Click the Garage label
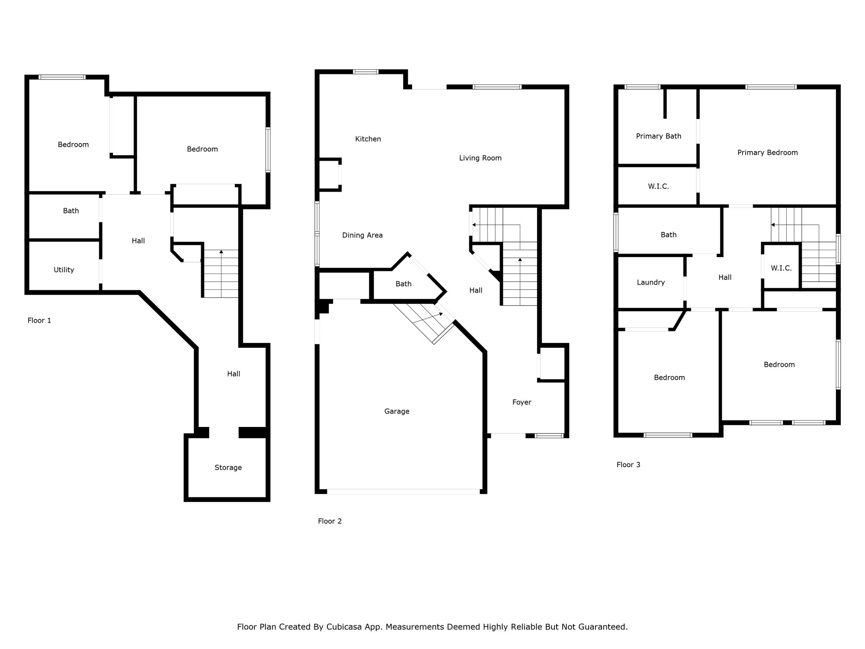point(397,411)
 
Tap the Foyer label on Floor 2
point(522,402)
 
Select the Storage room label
point(228,467)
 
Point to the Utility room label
point(64,270)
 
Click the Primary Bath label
point(658,136)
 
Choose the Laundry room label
point(650,282)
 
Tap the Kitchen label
point(368,139)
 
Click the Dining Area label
point(362,235)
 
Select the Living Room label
point(480,158)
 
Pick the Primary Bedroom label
point(767,152)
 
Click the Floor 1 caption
point(39,320)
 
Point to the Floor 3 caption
point(628,465)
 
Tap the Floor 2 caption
point(330,521)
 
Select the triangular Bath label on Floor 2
point(403,284)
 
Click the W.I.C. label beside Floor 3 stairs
point(781,268)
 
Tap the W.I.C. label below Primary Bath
point(658,186)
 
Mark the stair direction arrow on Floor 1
point(221,252)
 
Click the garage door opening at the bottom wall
point(403,492)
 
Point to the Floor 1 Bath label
point(71,211)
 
